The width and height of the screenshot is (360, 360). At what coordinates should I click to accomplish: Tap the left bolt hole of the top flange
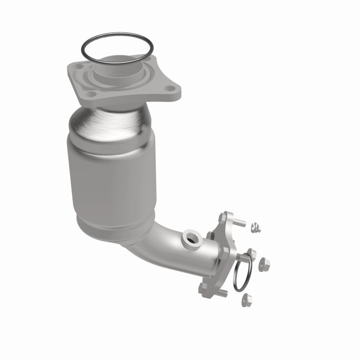80,67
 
